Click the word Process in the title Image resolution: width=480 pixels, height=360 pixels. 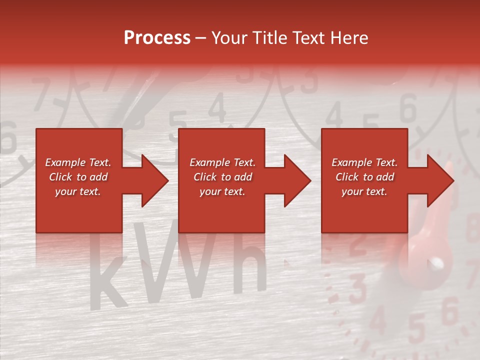click(x=157, y=37)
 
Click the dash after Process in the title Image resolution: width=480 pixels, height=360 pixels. click(x=200, y=38)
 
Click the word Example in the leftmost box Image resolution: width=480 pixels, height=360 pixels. click(x=65, y=162)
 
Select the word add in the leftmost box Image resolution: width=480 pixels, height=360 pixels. click(x=98, y=177)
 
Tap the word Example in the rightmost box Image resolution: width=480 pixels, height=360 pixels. click(x=351, y=162)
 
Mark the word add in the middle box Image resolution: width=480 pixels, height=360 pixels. click(x=243, y=177)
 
